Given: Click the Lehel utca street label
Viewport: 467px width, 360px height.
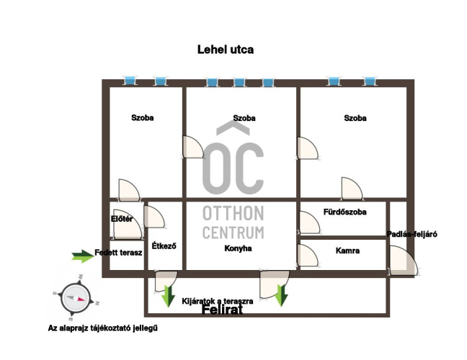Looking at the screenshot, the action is point(226,50).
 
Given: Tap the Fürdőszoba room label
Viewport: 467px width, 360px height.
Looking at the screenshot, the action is point(345,212).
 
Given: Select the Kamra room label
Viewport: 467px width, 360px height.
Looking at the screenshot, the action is point(347,251).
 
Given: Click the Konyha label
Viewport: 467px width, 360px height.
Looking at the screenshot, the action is point(238,248).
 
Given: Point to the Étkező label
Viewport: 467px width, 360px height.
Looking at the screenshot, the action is point(164,246).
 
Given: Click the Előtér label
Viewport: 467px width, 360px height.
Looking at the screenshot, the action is point(122,220).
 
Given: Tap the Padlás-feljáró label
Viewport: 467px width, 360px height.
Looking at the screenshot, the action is point(412,235).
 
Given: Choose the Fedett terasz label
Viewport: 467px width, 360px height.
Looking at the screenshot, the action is point(118,253).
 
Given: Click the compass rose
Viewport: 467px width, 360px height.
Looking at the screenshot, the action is point(76,298).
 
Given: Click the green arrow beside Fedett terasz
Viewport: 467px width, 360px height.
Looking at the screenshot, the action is point(82,256).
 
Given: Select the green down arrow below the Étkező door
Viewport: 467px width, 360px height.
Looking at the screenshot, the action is point(168,297).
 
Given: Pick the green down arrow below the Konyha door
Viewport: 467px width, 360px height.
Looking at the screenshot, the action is point(281,295).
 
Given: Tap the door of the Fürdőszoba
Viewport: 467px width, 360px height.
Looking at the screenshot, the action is point(309,222).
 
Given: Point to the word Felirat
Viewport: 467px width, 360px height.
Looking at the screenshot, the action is point(222,310).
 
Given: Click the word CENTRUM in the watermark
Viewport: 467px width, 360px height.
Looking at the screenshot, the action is point(233,233).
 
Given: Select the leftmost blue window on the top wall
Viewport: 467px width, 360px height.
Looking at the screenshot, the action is point(130,81).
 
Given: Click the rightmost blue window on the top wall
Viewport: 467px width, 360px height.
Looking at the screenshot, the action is point(369,81).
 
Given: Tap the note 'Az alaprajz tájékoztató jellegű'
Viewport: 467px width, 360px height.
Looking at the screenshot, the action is point(103,328).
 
